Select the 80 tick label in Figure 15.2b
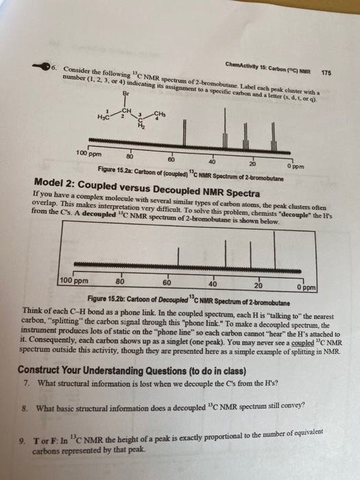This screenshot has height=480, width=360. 120,281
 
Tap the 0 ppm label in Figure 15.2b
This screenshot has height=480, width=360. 307,287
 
